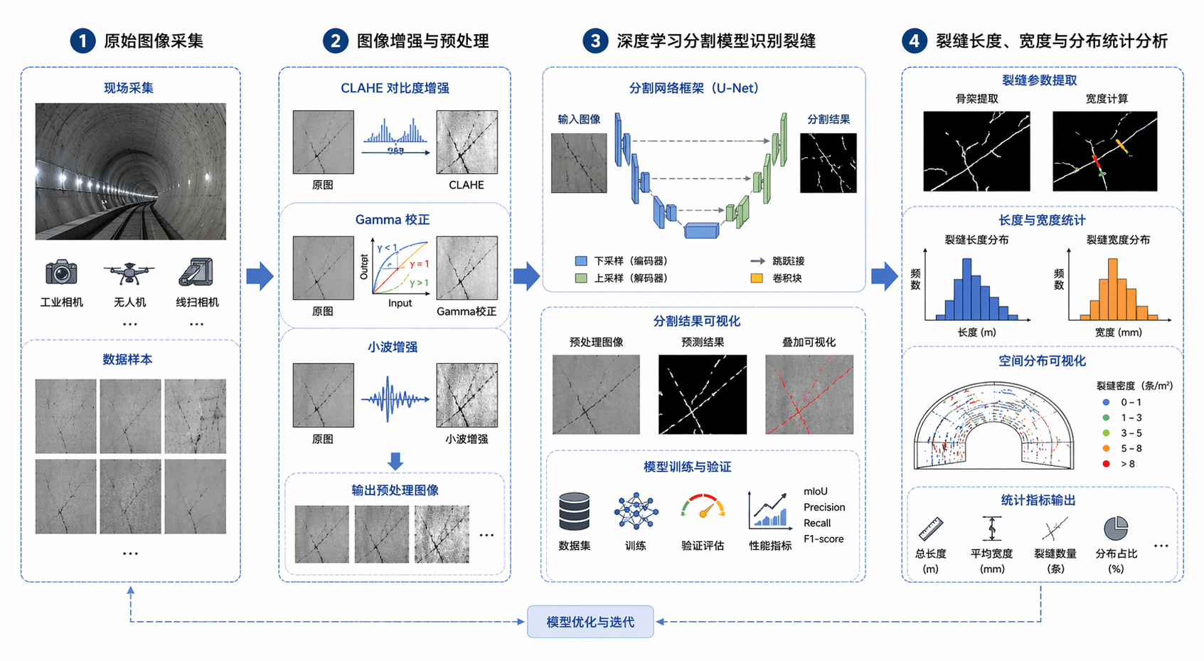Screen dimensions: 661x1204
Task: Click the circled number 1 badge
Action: tap(82, 41)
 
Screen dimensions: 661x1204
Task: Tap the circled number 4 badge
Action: tap(914, 41)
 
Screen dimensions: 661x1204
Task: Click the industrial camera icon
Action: tap(61, 272)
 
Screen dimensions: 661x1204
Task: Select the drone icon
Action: tap(129, 272)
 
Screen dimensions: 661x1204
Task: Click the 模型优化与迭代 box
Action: tap(590, 622)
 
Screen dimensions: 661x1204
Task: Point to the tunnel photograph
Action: tap(131, 171)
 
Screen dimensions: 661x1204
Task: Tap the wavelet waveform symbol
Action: tap(395, 399)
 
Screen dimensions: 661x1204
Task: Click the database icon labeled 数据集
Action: tap(574, 512)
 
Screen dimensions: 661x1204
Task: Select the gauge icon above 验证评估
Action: tap(703, 507)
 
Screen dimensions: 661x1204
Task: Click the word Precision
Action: tap(824, 507)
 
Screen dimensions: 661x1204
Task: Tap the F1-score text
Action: tap(824, 539)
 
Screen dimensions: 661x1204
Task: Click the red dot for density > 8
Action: tap(1106, 464)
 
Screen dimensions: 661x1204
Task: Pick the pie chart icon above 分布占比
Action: tap(1116, 528)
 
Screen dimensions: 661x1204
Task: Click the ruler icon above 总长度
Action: tap(930, 529)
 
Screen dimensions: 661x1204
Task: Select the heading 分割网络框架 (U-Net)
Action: tap(694, 88)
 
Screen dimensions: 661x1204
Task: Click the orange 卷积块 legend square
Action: tap(757, 278)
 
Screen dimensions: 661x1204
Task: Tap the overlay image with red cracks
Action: tap(809, 394)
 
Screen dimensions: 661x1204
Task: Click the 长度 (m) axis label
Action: tap(976, 332)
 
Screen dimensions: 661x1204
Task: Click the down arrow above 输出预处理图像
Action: tap(395, 461)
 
